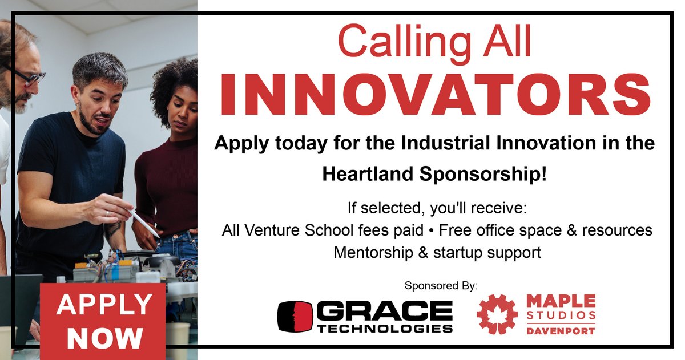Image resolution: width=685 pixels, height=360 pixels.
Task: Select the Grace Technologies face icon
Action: point(295,316)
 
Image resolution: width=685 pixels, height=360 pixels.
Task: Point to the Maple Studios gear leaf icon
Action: point(497,314)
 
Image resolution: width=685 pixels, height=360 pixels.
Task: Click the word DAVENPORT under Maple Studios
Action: point(561,330)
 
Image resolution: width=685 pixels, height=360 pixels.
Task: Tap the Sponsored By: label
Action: point(440,285)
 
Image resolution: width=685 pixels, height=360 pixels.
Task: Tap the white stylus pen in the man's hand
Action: point(143,222)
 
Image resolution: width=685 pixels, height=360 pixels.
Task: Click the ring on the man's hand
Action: point(107,213)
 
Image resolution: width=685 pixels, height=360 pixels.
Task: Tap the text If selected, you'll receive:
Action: point(437,208)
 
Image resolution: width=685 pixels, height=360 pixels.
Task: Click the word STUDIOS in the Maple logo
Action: point(561,315)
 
